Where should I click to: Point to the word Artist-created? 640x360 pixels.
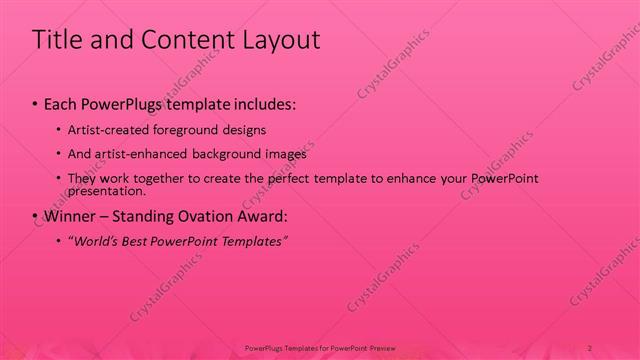[x=107, y=130]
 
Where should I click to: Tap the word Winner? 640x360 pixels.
[x=65, y=215]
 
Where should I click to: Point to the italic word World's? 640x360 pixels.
[x=97, y=241]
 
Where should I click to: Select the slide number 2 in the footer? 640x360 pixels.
[x=591, y=348]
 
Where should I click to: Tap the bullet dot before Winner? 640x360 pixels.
[x=35, y=215]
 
